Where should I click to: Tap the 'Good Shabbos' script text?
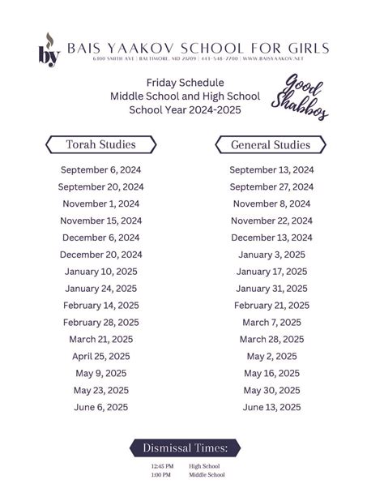(306, 96)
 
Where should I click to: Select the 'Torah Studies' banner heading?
(100, 145)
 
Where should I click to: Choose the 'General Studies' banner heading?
(271, 145)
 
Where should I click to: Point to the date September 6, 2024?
(100, 169)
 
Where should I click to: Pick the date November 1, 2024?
(100, 204)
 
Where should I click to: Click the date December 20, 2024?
(100, 255)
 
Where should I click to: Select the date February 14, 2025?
(100, 306)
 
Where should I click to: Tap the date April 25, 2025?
(100, 356)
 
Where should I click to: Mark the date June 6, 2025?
(100, 407)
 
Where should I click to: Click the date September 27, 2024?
(271, 186)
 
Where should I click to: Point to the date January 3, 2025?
(271, 255)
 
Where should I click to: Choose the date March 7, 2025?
(271, 323)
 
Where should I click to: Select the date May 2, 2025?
(271, 356)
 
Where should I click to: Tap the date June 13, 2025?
(271, 407)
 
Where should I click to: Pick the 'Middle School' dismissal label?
(207, 475)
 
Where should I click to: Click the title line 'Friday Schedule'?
(186, 83)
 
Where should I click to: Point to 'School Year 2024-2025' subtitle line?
(186, 110)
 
